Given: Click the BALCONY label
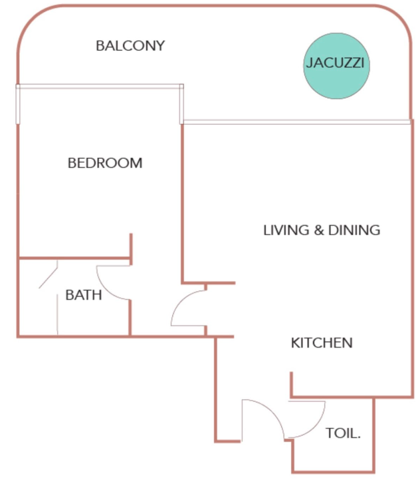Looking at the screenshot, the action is (130, 46).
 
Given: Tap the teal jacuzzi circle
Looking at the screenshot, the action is (336, 66).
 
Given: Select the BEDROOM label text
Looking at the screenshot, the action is (105, 163).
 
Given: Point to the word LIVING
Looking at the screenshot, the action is (286, 230).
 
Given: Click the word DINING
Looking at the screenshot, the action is (354, 230).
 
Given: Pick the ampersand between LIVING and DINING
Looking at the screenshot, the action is (319, 230).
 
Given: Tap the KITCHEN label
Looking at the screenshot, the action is (322, 343).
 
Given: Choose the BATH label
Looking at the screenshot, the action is (84, 295).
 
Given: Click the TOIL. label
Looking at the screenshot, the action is (343, 433).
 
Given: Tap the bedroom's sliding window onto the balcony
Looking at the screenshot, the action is (100, 86).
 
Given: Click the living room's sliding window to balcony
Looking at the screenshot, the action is (297, 122).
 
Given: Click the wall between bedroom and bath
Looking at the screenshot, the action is (74, 258).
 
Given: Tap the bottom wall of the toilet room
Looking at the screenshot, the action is (333, 471).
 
